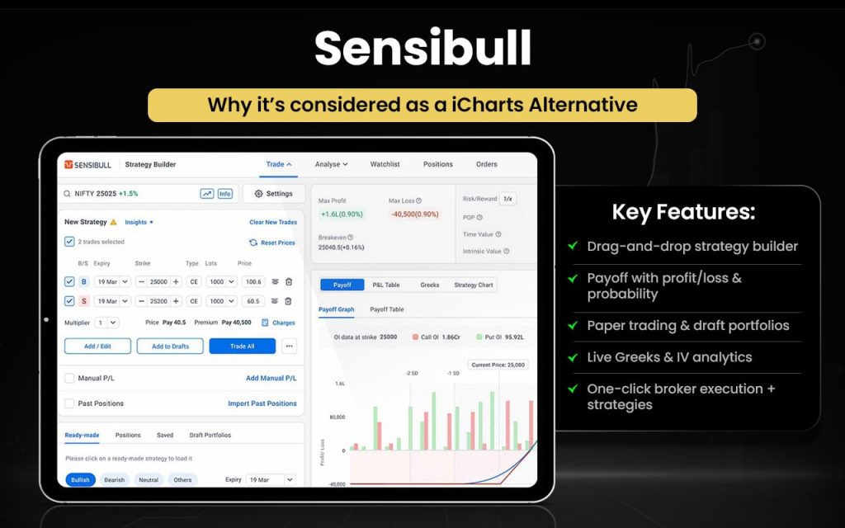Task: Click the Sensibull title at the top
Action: (x=422, y=48)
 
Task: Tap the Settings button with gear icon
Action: (x=273, y=194)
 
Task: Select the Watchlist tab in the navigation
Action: (x=385, y=164)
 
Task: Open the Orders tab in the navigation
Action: (x=487, y=164)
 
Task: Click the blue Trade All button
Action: (x=242, y=346)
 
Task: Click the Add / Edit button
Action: (x=97, y=346)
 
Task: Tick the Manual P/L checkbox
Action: (x=69, y=378)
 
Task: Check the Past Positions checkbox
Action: (x=69, y=403)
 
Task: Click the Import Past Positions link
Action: (x=262, y=403)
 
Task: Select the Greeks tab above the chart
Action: (x=430, y=285)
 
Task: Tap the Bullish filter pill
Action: (x=80, y=479)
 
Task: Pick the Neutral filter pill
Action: (x=149, y=479)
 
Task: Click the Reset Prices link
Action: (x=272, y=243)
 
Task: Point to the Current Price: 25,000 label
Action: (x=498, y=365)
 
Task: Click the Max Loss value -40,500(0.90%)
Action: (x=415, y=214)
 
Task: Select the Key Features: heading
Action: (x=683, y=212)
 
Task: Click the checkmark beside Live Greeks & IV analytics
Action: (x=573, y=357)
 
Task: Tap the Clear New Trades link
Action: (x=273, y=222)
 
